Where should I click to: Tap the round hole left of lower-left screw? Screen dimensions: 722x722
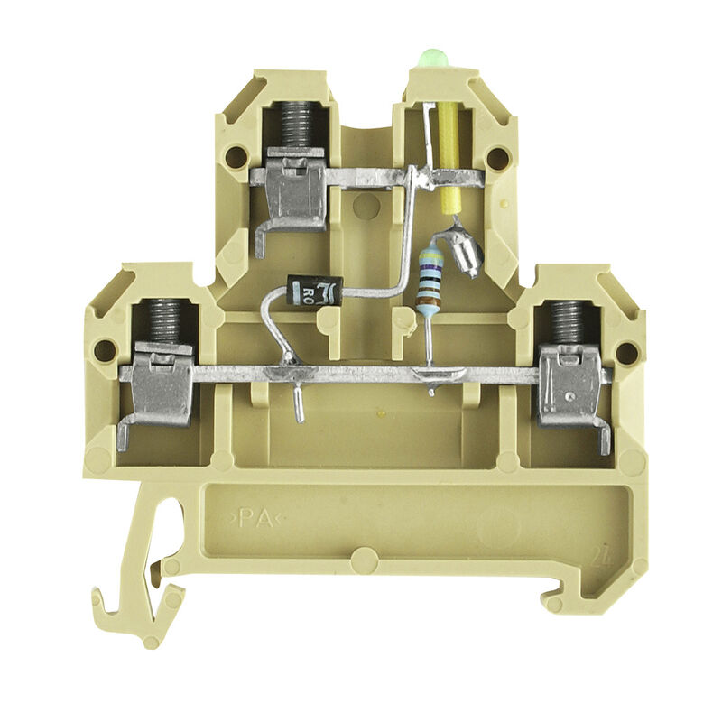pyautogui.click(x=106, y=349)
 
